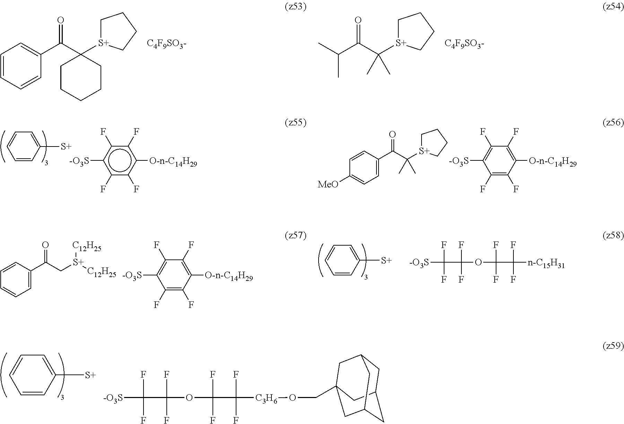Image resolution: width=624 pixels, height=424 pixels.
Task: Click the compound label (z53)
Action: point(295,7)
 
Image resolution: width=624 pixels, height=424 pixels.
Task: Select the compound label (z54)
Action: point(613,7)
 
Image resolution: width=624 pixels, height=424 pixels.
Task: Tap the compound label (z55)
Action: point(295,123)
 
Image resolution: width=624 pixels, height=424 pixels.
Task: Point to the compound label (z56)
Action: point(613,123)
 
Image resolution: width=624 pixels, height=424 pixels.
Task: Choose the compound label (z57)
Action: point(295,236)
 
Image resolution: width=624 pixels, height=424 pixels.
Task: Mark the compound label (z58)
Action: point(613,236)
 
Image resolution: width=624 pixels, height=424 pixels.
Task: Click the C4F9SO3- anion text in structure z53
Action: point(167,44)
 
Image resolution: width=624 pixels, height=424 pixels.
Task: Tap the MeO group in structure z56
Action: point(328,184)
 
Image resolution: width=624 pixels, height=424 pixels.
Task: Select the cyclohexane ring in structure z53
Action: point(81,77)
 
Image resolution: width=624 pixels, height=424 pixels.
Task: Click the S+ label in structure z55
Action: point(66,147)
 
